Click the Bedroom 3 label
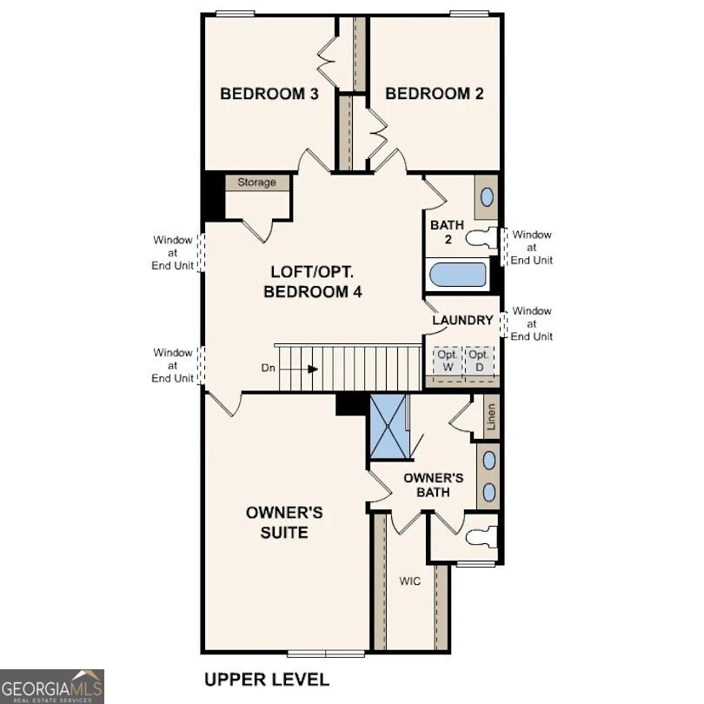click(269, 94)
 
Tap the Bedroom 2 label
click(434, 94)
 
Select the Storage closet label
click(257, 183)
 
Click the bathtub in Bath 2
click(458, 276)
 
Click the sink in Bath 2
click(487, 197)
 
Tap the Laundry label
click(463, 320)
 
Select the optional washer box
click(447, 360)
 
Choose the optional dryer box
click(478, 360)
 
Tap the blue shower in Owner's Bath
click(389, 426)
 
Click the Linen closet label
click(491, 418)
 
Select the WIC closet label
click(410, 581)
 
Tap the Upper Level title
click(267, 679)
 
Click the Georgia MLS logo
click(52, 686)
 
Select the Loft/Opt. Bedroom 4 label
click(312, 282)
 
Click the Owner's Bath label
click(433, 485)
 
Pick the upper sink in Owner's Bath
click(488, 461)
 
